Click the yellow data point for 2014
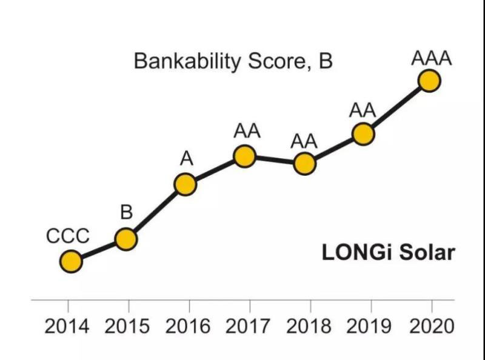tap(71, 262)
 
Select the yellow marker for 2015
tap(126, 239)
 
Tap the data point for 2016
tap(185, 184)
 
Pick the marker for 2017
tap(244, 156)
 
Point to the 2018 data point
tap(304, 163)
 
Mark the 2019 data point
tap(363, 134)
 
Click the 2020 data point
tap(429, 81)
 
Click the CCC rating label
tap(68, 236)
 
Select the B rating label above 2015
tap(126, 213)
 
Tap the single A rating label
tap(186, 158)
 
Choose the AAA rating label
tap(431, 59)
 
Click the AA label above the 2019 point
tap(363, 111)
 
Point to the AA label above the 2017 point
tap(247, 130)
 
